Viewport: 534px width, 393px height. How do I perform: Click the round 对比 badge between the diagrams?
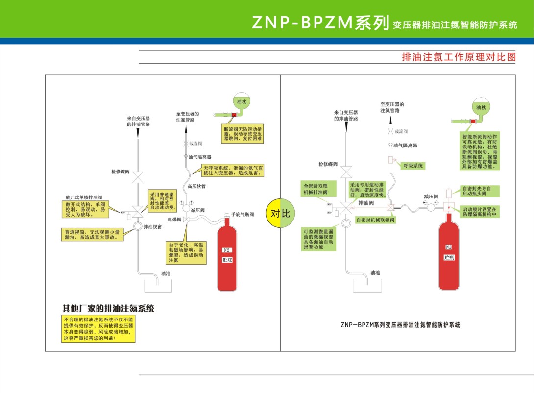point(280,213)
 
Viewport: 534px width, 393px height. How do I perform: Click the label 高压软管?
point(196,186)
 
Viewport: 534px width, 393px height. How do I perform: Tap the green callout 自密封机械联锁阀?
point(375,220)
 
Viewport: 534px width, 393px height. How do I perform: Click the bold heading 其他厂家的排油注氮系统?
point(108,309)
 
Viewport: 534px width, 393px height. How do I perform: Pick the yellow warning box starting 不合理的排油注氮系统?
point(98,329)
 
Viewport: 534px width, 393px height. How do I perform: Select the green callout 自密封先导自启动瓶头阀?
point(480,191)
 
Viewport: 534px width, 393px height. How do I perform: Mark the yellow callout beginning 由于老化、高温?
point(184,252)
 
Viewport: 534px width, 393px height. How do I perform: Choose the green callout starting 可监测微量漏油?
point(319,240)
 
